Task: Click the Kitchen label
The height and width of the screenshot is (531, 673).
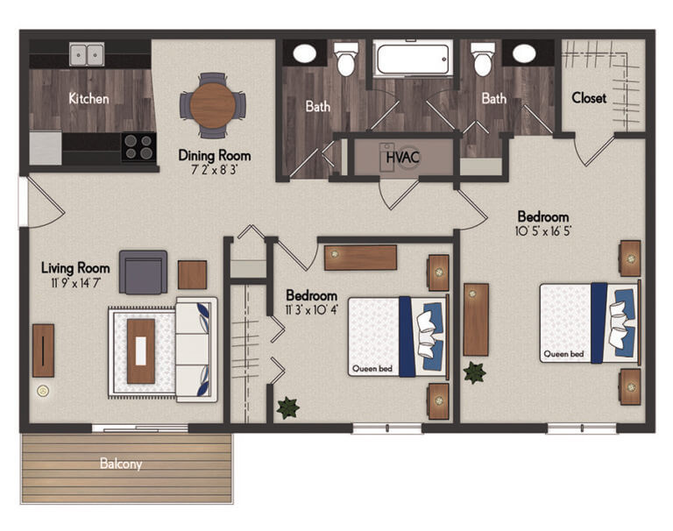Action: coord(89,98)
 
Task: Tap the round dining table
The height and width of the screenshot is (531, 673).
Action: coord(213,105)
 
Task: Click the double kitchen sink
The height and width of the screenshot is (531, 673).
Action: coord(87,54)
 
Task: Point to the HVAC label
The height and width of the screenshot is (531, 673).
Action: coord(403,158)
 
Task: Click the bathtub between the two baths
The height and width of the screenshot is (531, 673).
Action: coord(413,60)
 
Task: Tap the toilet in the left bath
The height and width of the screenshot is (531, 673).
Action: coord(346,59)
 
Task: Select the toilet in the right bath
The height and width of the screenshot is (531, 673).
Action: coord(481,59)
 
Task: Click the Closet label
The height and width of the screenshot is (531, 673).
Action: coord(589,98)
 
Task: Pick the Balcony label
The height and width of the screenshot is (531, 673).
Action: coord(121,464)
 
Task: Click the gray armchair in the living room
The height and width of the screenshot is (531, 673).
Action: coord(143,272)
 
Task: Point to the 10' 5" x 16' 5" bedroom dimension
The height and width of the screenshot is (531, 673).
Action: coord(542,233)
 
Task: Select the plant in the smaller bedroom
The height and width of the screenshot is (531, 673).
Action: coord(287,407)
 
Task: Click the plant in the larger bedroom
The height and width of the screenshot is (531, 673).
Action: coord(475,372)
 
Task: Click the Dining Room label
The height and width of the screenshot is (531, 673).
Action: coord(209,155)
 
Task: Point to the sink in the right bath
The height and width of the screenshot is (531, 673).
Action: coord(524,53)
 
